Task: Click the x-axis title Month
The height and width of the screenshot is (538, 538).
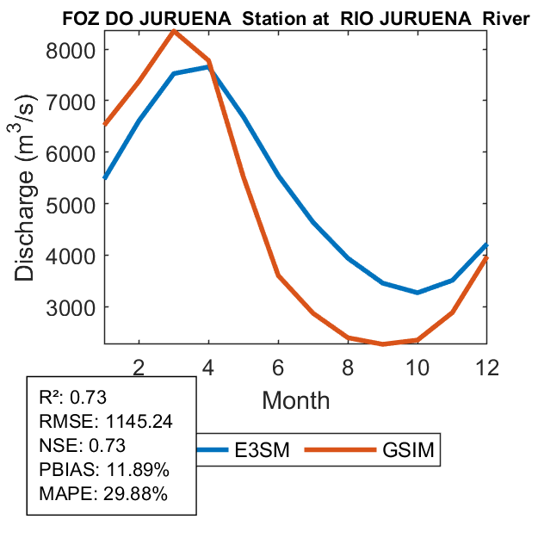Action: click(295, 399)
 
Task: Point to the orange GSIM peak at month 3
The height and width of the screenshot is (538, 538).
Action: click(174, 32)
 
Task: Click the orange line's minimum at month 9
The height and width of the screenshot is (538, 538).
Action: click(382, 344)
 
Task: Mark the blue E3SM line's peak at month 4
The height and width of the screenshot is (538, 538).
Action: click(208, 66)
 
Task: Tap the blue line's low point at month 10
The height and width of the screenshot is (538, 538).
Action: click(417, 293)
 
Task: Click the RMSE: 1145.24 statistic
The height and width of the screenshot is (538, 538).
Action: click(100, 422)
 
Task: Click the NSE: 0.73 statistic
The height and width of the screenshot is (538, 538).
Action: click(83, 446)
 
